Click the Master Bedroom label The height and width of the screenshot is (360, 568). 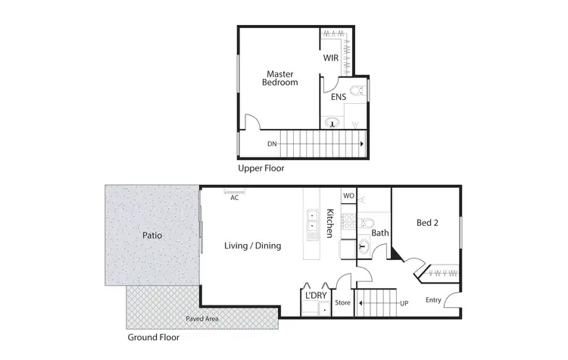280,78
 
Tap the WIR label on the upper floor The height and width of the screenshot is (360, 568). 331,58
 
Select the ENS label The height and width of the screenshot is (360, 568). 338,97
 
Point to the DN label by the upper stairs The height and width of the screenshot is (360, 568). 272,143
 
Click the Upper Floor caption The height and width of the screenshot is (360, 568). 261,168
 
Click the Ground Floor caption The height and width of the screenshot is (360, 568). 154,337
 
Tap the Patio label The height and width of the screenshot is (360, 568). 152,236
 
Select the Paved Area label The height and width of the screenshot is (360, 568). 202,319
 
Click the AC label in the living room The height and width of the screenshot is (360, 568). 235,198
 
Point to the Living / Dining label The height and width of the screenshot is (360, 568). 253,246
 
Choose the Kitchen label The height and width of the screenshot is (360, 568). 330,224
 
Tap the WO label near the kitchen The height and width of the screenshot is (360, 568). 348,196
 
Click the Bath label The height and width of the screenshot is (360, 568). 380,233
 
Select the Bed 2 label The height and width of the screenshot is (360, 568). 428,223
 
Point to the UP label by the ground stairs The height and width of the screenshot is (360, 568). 404,304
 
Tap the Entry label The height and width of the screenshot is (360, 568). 433,300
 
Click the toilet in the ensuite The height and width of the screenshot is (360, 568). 361,92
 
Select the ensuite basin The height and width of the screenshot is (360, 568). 331,123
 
